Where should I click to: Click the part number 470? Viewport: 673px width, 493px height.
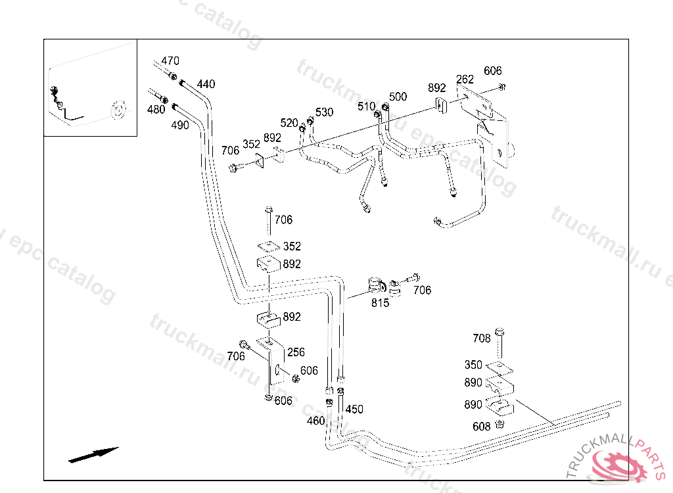pos(170,61)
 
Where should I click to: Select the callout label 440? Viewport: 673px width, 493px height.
pos(206,84)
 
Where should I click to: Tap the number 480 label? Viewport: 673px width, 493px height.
pos(156,110)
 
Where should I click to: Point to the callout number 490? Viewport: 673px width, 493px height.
pos(181,125)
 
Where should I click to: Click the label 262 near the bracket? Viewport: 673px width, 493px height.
pos(465,80)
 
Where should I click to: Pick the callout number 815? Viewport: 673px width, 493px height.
pos(380,303)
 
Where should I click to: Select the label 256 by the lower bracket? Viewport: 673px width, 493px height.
pos(296,352)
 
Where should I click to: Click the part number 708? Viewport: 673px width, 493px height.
pos(482,338)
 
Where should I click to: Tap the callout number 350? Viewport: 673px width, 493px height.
pos(473,365)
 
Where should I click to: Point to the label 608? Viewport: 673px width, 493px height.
pos(482,427)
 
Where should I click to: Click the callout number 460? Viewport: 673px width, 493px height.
pos(316,421)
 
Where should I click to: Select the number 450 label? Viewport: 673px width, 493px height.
pos(354,410)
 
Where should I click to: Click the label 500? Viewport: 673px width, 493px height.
pos(398,97)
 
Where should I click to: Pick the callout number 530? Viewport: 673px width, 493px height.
pos(324,112)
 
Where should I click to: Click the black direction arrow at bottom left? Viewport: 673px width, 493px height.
pos(93,454)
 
